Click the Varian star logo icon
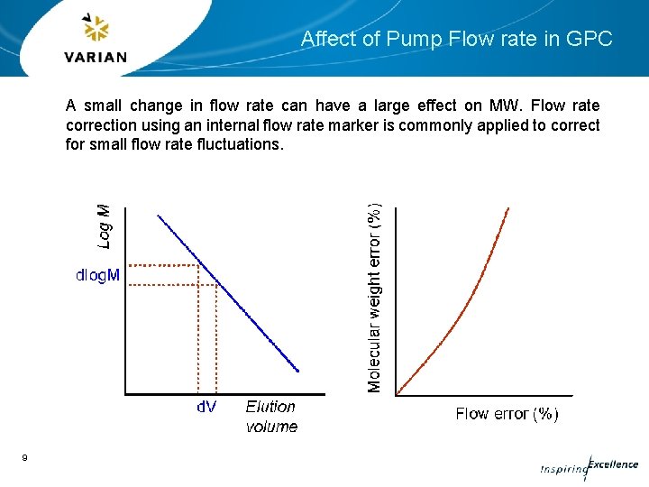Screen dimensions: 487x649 coord(96,30)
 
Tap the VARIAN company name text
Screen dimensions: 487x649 coord(96,57)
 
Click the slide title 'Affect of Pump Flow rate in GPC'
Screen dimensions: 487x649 coord(456,39)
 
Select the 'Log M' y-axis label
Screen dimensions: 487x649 coord(105,225)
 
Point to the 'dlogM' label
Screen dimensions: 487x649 coord(96,275)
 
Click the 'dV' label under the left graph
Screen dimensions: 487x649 coord(206,407)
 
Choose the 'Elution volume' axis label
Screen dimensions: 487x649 coord(271,416)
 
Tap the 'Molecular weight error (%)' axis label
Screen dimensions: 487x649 coord(375,296)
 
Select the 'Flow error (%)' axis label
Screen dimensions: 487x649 coord(507,414)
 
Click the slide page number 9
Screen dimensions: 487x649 coord(24,459)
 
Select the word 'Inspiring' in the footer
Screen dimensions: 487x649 coord(562,470)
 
